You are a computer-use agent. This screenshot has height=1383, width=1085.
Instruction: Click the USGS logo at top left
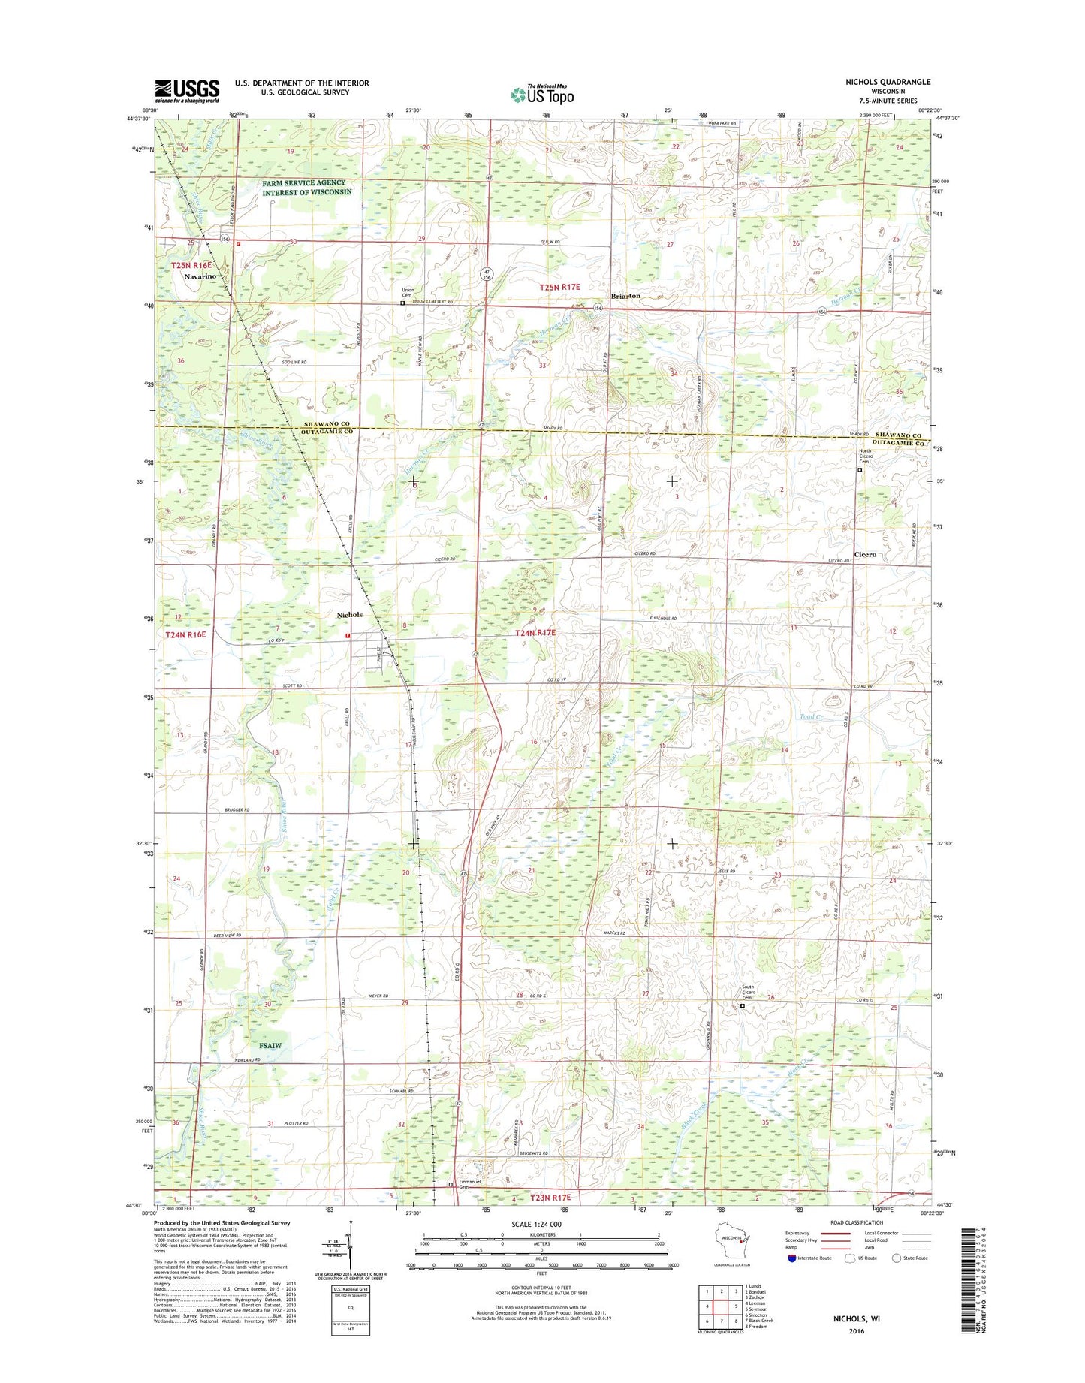[187, 90]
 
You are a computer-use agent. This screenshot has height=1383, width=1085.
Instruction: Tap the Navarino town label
[200, 276]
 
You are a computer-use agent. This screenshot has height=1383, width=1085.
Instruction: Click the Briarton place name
[625, 296]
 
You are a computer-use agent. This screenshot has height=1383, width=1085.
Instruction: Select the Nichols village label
[349, 615]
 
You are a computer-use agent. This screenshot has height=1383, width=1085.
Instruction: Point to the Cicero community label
[865, 554]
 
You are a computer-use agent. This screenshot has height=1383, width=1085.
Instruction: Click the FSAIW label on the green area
[270, 1045]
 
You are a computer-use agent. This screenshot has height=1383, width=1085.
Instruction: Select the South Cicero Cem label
[753, 992]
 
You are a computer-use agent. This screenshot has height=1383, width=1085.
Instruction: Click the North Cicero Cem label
[870, 456]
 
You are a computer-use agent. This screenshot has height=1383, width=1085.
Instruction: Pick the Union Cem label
[408, 293]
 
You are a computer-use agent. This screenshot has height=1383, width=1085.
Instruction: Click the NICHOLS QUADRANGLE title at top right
[888, 82]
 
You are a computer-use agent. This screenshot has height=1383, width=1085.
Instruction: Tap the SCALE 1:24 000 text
[541, 1225]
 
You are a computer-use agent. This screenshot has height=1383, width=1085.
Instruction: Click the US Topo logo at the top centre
[542, 95]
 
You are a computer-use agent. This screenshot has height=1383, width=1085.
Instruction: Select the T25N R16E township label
[191, 266]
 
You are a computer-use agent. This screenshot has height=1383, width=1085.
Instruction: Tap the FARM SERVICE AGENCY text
[304, 182]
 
